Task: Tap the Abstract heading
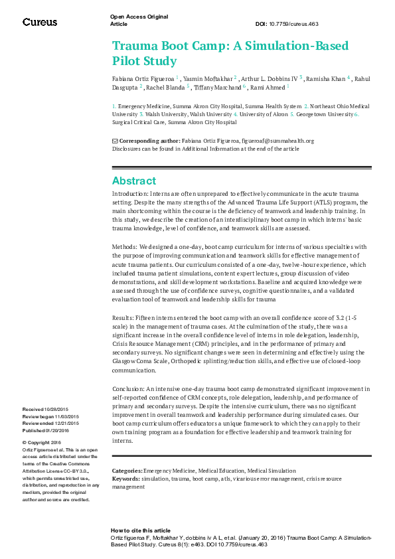pyautogui.click(x=134, y=181)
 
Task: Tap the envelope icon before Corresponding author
pyautogui.click(x=114, y=141)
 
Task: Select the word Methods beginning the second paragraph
pyautogui.click(x=124, y=246)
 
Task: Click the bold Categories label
pyautogui.click(x=127, y=469)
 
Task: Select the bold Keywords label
pyautogui.click(x=125, y=478)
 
